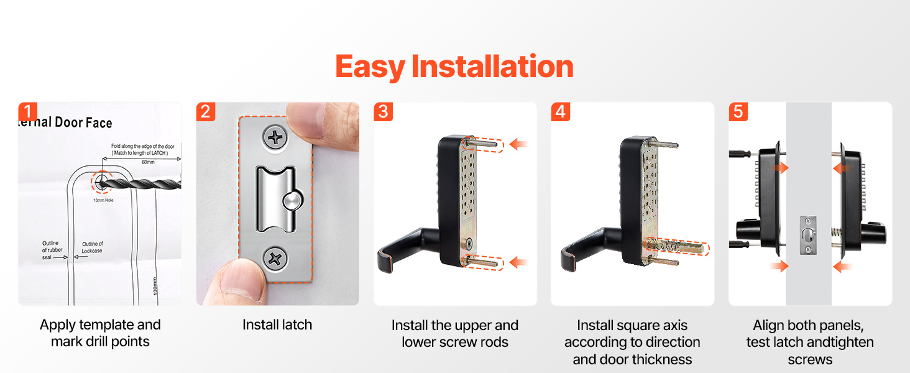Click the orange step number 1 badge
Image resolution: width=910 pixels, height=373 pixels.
pos(27,112)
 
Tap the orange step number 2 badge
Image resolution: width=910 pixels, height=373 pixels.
pos(206,112)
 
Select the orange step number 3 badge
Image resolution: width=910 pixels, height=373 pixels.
pos(383,112)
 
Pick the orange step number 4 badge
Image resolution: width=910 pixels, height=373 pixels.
pos(561,112)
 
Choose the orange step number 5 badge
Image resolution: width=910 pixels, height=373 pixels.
pos(738,112)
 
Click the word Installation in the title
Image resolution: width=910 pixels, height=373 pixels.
pos(492,67)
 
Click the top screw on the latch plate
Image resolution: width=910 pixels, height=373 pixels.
pos(275,138)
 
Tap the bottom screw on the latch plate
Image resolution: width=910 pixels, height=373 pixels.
pos(275,259)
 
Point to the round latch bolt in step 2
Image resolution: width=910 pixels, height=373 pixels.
pos(293,201)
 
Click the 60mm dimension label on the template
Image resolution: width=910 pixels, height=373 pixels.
pos(148,162)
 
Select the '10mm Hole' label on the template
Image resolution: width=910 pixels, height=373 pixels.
pos(103,200)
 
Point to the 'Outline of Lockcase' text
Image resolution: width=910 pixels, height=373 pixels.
pos(92,247)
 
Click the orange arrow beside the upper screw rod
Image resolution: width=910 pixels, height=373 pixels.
pos(518,144)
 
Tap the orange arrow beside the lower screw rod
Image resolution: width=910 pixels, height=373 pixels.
pos(518,262)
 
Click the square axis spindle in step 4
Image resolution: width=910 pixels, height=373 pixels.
pos(676,247)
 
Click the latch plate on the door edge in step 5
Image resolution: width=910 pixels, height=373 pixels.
pos(808,235)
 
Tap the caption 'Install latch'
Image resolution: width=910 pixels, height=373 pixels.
pos(277,325)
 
